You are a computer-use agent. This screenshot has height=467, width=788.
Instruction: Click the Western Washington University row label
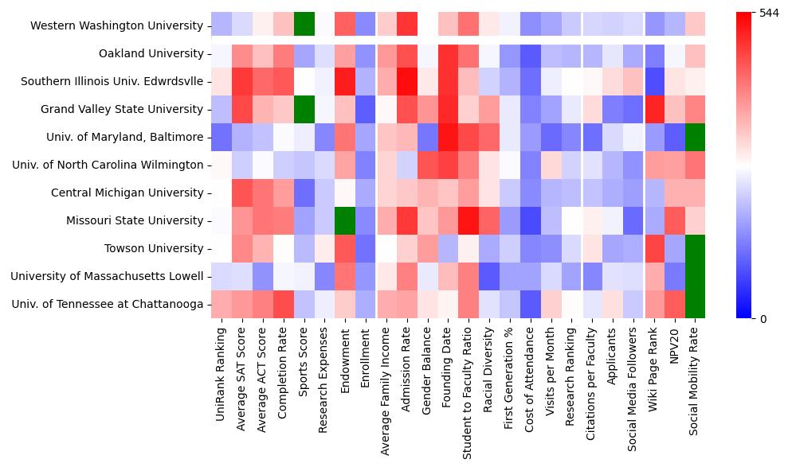(116, 26)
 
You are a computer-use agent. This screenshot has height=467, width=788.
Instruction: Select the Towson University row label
(154, 249)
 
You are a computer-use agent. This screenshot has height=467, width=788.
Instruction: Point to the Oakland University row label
(151, 54)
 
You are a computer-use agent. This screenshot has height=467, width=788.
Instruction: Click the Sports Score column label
(303, 367)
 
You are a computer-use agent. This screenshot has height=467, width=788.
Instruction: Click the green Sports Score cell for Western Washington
(303, 25)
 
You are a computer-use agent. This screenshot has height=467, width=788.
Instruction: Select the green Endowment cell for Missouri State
(344, 221)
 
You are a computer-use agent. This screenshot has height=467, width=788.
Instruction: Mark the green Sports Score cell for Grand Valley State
(303, 109)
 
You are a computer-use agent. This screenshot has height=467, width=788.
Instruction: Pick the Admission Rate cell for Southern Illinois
(406, 81)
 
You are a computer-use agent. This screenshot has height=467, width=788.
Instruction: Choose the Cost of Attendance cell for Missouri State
(531, 221)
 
